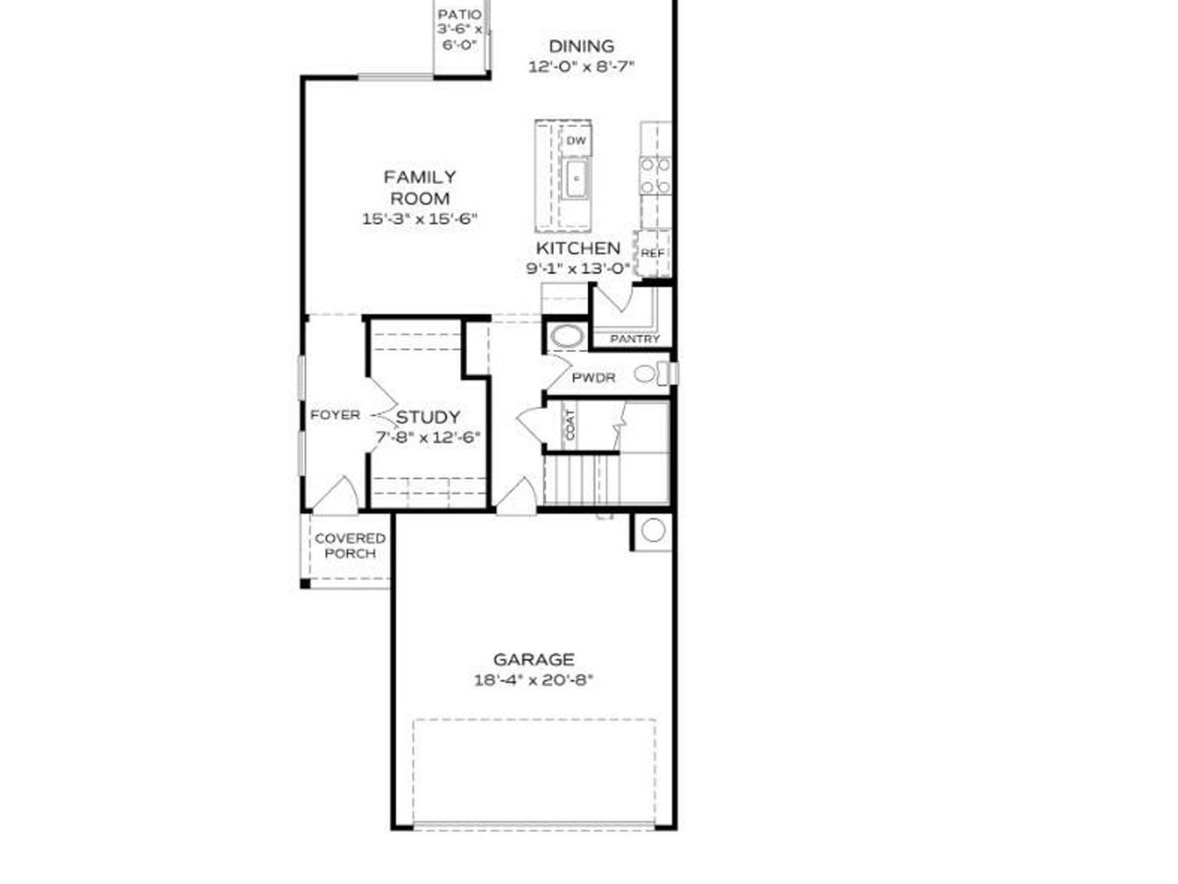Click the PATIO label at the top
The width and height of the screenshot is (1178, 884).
pyautogui.click(x=458, y=15)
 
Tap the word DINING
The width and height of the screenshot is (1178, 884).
pyautogui.click(x=582, y=46)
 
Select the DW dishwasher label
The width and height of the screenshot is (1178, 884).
pyautogui.click(x=576, y=141)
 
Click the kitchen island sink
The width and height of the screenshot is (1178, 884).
pyautogui.click(x=576, y=177)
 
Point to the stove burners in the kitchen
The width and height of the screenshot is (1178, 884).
pyautogui.click(x=655, y=175)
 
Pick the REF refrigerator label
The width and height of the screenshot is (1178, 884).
pyautogui.click(x=653, y=253)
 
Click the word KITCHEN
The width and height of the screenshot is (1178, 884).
pyautogui.click(x=578, y=249)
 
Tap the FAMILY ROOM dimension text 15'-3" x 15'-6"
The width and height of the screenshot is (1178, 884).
pyautogui.click(x=420, y=219)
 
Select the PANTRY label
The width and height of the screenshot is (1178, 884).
pyautogui.click(x=635, y=339)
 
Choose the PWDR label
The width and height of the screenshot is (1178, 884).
pyautogui.click(x=594, y=378)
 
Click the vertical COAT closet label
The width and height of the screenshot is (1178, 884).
pyautogui.click(x=570, y=424)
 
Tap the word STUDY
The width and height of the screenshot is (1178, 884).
pyautogui.click(x=428, y=417)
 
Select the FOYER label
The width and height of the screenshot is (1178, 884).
pyautogui.click(x=335, y=415)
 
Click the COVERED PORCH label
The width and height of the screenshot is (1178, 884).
pyautogui.click(x=350, y=546)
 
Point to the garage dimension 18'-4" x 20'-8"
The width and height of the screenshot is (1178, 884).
pyautogui.click(x=534, y=680)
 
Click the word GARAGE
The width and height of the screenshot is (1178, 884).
pyautogui.click(x=534, y=659)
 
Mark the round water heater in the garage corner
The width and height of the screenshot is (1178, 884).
pyautogui.click(x=653, y=530)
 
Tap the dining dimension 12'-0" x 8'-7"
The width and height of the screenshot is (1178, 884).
pyautogui.click(x=582, y=66)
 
